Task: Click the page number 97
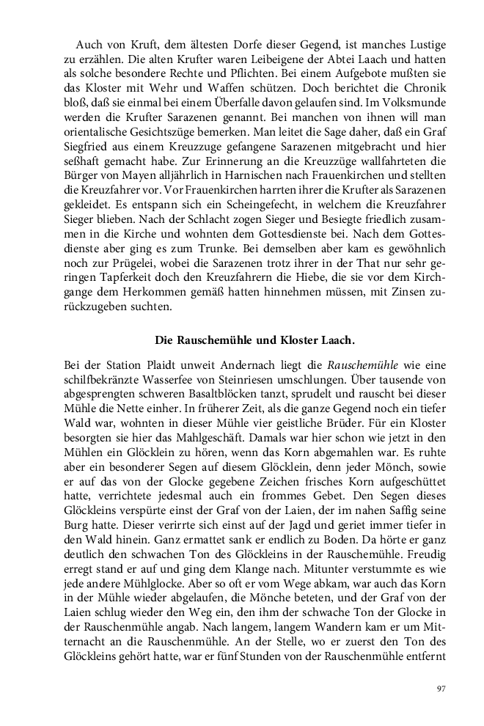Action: [x=441, y=688]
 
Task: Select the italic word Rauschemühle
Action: [x=359, y=363]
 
